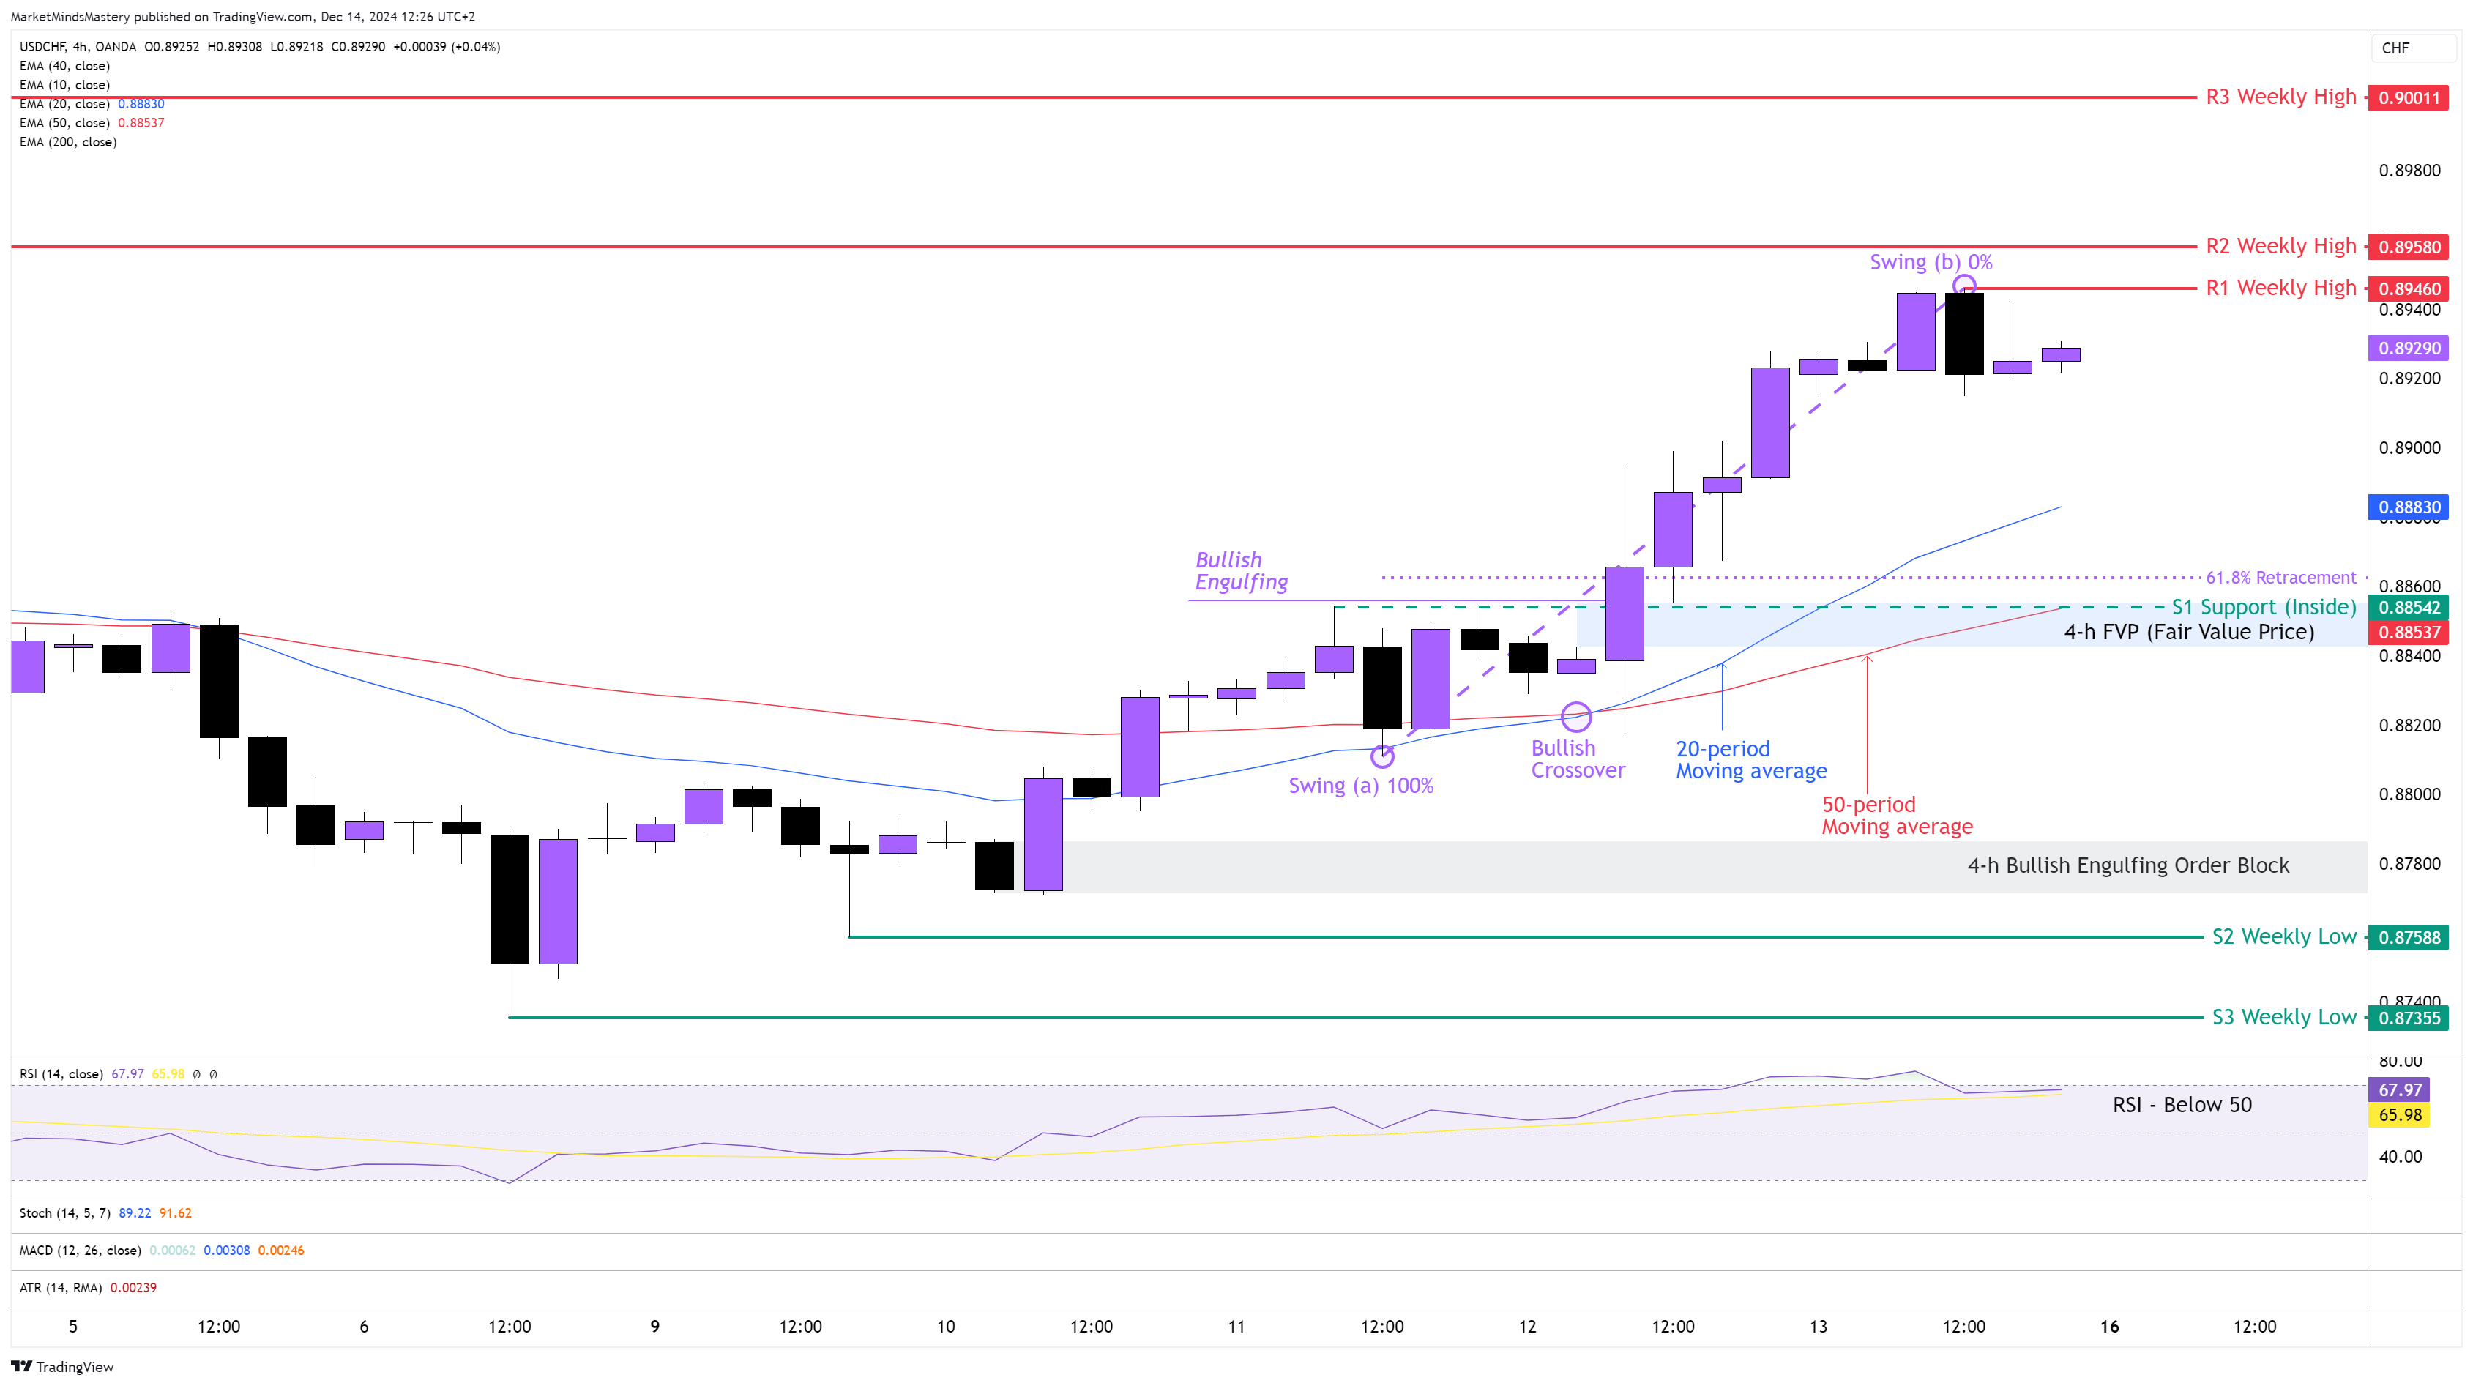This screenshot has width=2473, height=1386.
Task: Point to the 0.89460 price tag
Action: [2409, 289]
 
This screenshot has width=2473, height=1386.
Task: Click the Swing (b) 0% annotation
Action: [1931, 262]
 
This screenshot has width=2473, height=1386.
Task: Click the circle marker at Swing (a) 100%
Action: [1382, 756]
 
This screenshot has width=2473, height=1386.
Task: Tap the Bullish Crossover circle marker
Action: [1576, 716]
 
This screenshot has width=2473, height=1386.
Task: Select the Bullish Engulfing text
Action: [1240, 571]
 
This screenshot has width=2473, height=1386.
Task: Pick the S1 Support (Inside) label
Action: [2264, 608]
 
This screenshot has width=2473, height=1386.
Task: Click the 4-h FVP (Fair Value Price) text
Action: [2189, 633]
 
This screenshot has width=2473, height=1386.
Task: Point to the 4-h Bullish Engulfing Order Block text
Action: [2127, 865]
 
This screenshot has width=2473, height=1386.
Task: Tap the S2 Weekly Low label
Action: [2284, 936]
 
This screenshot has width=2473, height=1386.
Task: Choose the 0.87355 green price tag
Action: [2409, 1018]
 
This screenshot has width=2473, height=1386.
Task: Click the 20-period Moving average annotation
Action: [1751, 760]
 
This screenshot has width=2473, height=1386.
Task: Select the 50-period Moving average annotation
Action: [1897, 816]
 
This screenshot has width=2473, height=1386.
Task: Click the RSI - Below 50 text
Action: [2181, 1105]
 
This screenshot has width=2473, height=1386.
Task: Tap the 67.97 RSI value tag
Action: [2400, 1090]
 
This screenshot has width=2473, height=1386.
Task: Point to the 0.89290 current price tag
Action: [2409, 349]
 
